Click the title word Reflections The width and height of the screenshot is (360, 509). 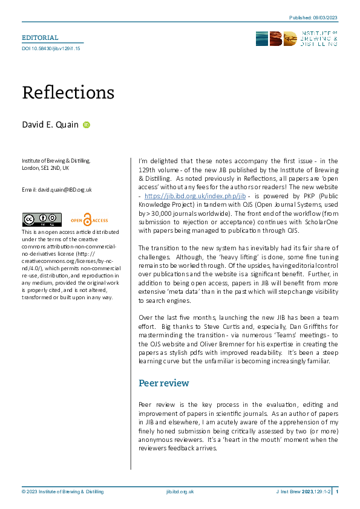pyautogui.click(x=68, y=92)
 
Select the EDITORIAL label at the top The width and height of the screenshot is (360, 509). pyautogui.click(x=40, y=37)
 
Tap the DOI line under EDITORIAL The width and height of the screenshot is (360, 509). pyautogui.click(x=51, y=48)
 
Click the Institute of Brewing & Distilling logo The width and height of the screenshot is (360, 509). pyautogui.click(x=296, y=39)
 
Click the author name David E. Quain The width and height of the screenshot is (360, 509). pyautogui.click(x=50, y=125)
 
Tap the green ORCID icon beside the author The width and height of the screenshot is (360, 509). pyautogui.click(x=86, y=125)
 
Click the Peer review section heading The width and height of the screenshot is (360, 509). pyautogui.click(x=164, y=383)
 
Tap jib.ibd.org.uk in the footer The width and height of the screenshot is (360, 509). pyautogui.click(x=180, y=492)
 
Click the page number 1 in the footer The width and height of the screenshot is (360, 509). pyautogui.click(x=336, y=492)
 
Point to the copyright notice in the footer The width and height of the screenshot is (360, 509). pyautogui.click(x=63, y=492)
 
